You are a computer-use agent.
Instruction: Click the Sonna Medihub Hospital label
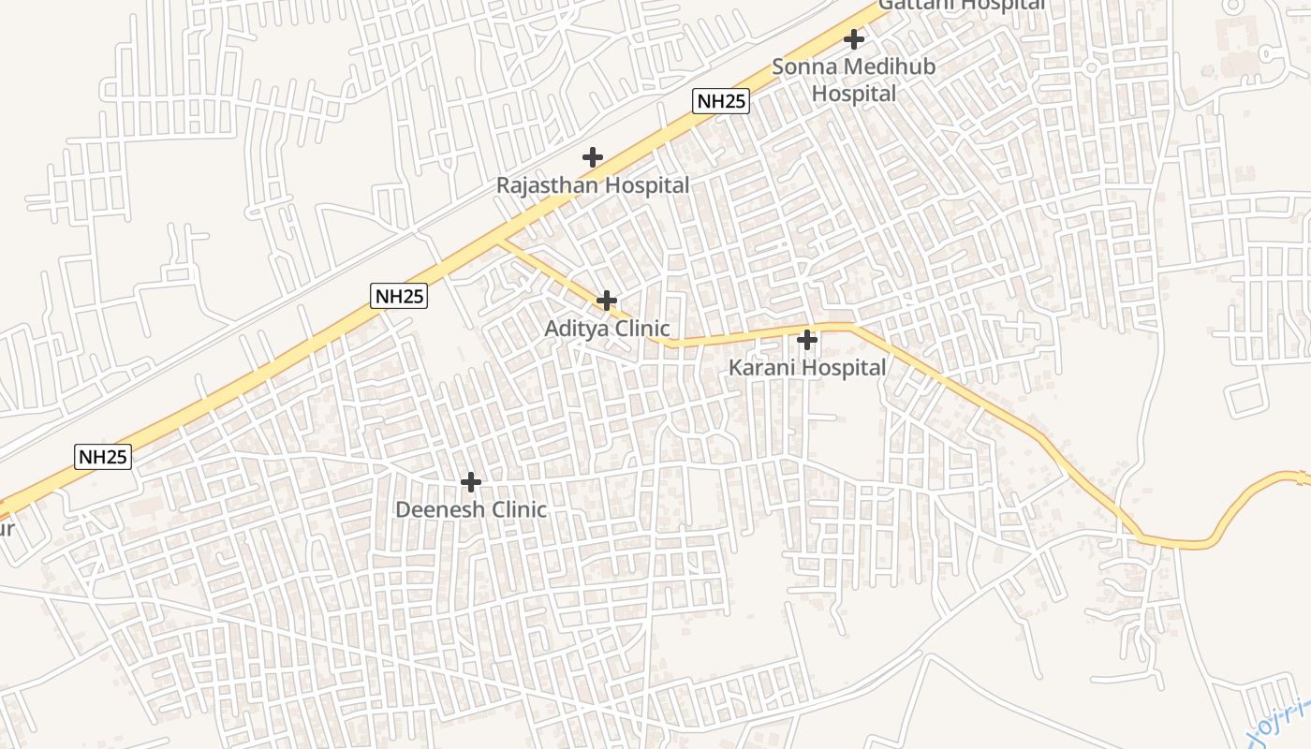(x=853, y=80)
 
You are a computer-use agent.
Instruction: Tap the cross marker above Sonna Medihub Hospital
(x=854, y=39)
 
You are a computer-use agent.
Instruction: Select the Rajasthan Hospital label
(x=592, y=185)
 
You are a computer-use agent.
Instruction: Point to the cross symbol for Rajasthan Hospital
(x=593, y=157)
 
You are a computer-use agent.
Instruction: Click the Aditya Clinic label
(x=607, y=329)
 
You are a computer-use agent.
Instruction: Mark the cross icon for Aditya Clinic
(x=607, y=301)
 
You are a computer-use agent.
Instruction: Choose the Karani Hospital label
(x=807, y=368)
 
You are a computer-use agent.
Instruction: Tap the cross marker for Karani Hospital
(x=807, y=340)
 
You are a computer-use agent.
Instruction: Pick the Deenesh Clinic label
(x=471, y=510)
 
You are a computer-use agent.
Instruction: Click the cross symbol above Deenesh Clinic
(x=471, y=482)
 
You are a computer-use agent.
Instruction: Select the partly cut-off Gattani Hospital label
(x=962, y=5)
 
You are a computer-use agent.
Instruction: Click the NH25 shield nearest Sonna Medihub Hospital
(x=721, y=101)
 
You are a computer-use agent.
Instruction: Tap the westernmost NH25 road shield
(x=103, y=457)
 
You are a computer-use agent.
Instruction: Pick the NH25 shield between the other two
(x=400, y=297)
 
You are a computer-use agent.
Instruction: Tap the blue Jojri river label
(x=1281, y=721)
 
